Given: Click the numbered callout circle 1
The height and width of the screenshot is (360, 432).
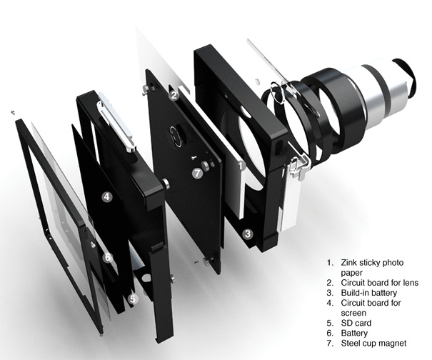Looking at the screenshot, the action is [x=241, y=166].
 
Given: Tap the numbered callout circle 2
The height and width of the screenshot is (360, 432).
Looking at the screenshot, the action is [x=174, y=96].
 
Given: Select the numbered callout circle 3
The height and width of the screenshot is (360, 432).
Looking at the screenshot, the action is [x=248, y=234].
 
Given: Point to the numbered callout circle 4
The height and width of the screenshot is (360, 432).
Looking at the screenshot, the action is [x=107, y=197].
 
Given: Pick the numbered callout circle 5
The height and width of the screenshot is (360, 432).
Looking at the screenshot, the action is [x=134, y=299].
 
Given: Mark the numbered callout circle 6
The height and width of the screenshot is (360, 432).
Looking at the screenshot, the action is [x=108, y=257].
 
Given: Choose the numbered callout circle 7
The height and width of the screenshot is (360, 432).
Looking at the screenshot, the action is [x=198, y=174].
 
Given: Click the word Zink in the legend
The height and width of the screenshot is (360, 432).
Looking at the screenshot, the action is [x=348, y=262].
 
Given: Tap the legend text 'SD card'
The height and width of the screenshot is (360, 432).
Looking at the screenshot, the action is [x=356, y=323].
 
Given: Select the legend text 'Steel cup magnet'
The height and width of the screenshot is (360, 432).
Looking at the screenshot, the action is [x=373, y=344].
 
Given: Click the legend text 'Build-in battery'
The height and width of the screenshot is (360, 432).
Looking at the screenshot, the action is [x=369, y=293].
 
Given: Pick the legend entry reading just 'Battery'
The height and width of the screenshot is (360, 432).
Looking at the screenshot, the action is [x=354, y=334].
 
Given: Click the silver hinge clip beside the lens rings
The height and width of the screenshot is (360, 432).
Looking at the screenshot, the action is [x=298, y=166].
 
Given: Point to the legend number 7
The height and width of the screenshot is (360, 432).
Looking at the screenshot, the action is [x=330, y=344].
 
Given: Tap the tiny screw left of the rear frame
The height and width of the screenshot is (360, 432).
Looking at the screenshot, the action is [x=13, y=112].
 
